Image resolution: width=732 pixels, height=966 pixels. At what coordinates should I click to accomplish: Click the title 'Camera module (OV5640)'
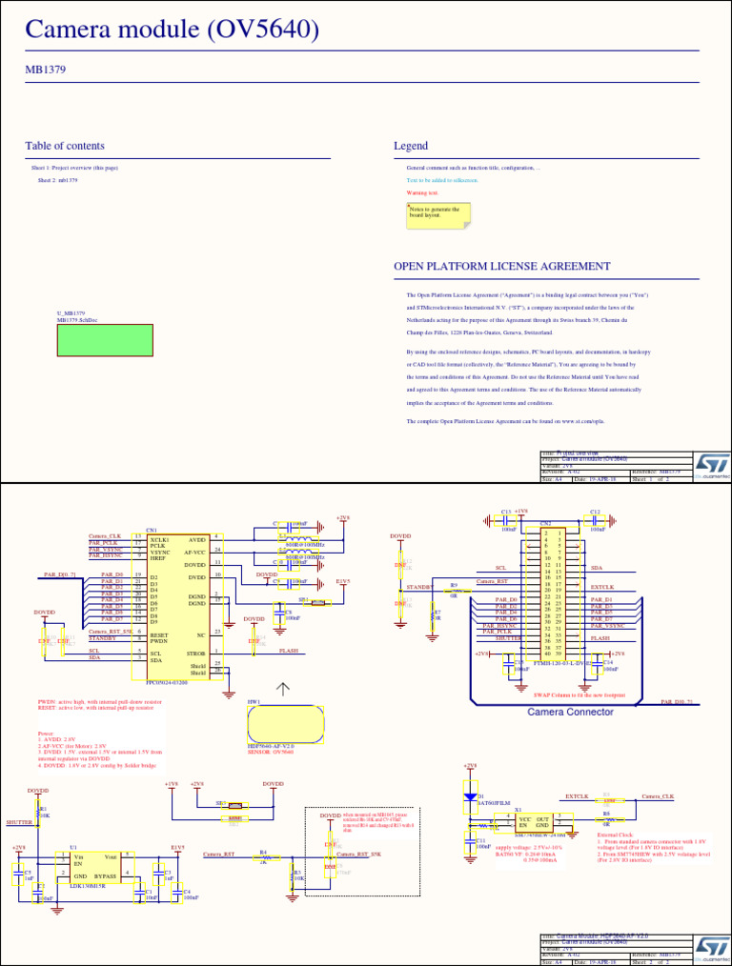(x=172, y=30)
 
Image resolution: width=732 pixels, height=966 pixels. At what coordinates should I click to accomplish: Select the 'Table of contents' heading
(x=65, y=146)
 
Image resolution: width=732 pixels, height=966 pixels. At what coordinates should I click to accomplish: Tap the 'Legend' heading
(x=411, y=146)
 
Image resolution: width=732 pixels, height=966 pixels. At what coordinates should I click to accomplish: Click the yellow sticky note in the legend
(x=438, y=214)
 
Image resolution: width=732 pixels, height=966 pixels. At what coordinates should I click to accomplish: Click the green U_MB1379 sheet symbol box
(x=105, y=340)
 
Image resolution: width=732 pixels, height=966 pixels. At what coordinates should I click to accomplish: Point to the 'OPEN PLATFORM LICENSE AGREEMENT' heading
(x=502, y=267)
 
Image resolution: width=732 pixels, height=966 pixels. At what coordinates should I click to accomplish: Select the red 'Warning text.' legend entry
(x=422, y=192)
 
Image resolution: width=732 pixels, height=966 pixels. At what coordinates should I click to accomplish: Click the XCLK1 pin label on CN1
(x=159, y=539)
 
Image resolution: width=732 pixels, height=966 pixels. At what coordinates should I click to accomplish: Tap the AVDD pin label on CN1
(x=196, y=539)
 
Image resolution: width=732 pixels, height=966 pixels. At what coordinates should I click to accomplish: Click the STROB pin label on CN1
(x=196, y=654)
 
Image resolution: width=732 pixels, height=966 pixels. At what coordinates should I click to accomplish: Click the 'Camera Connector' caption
(x=570, y=713)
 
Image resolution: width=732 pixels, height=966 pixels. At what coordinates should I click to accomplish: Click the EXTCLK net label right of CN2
(x=602, y=587)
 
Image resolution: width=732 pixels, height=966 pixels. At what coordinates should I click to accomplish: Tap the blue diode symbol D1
(x=470, y=796)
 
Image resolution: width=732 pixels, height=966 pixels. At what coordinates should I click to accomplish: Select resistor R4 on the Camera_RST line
(x=264, y=857)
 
